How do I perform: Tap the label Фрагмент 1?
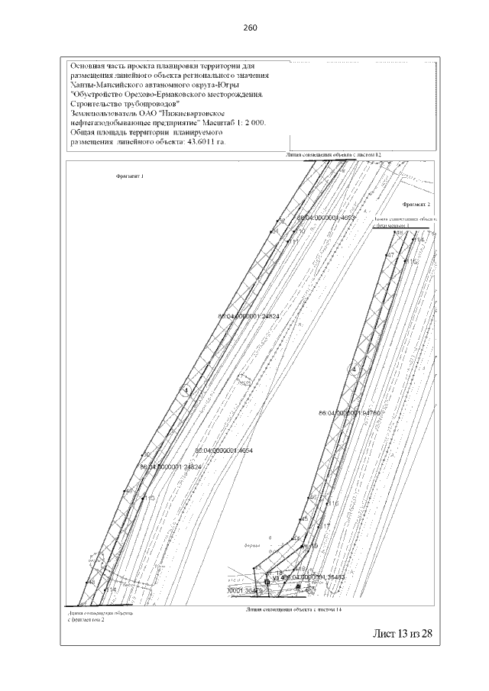[130, 176]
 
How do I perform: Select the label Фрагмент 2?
[417, 205]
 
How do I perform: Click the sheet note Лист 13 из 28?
[402, 633]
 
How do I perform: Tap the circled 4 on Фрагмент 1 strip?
[184, 391]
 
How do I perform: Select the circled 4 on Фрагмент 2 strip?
[354, 370]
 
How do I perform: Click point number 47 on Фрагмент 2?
[390, 254]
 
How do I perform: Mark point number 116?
[332, 504]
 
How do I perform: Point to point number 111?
[292, 241]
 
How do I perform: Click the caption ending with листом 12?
[333, 154]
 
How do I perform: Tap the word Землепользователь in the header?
[103, 113]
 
